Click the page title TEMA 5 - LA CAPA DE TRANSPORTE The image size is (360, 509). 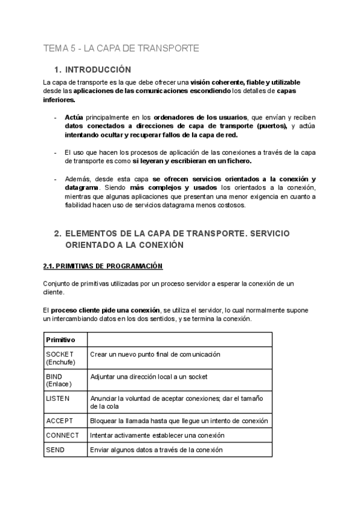pos(121,48)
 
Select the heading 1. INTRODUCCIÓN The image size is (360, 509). pos(97,70)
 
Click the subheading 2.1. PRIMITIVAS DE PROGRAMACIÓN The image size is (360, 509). pos(103,265)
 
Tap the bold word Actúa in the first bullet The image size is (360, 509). pos(74,118)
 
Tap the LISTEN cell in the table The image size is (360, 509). pos(58,399)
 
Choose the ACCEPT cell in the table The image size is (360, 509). pos(59,421)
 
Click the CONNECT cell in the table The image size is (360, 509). pos(62,435)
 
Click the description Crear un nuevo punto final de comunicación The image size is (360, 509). pos(155,355)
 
